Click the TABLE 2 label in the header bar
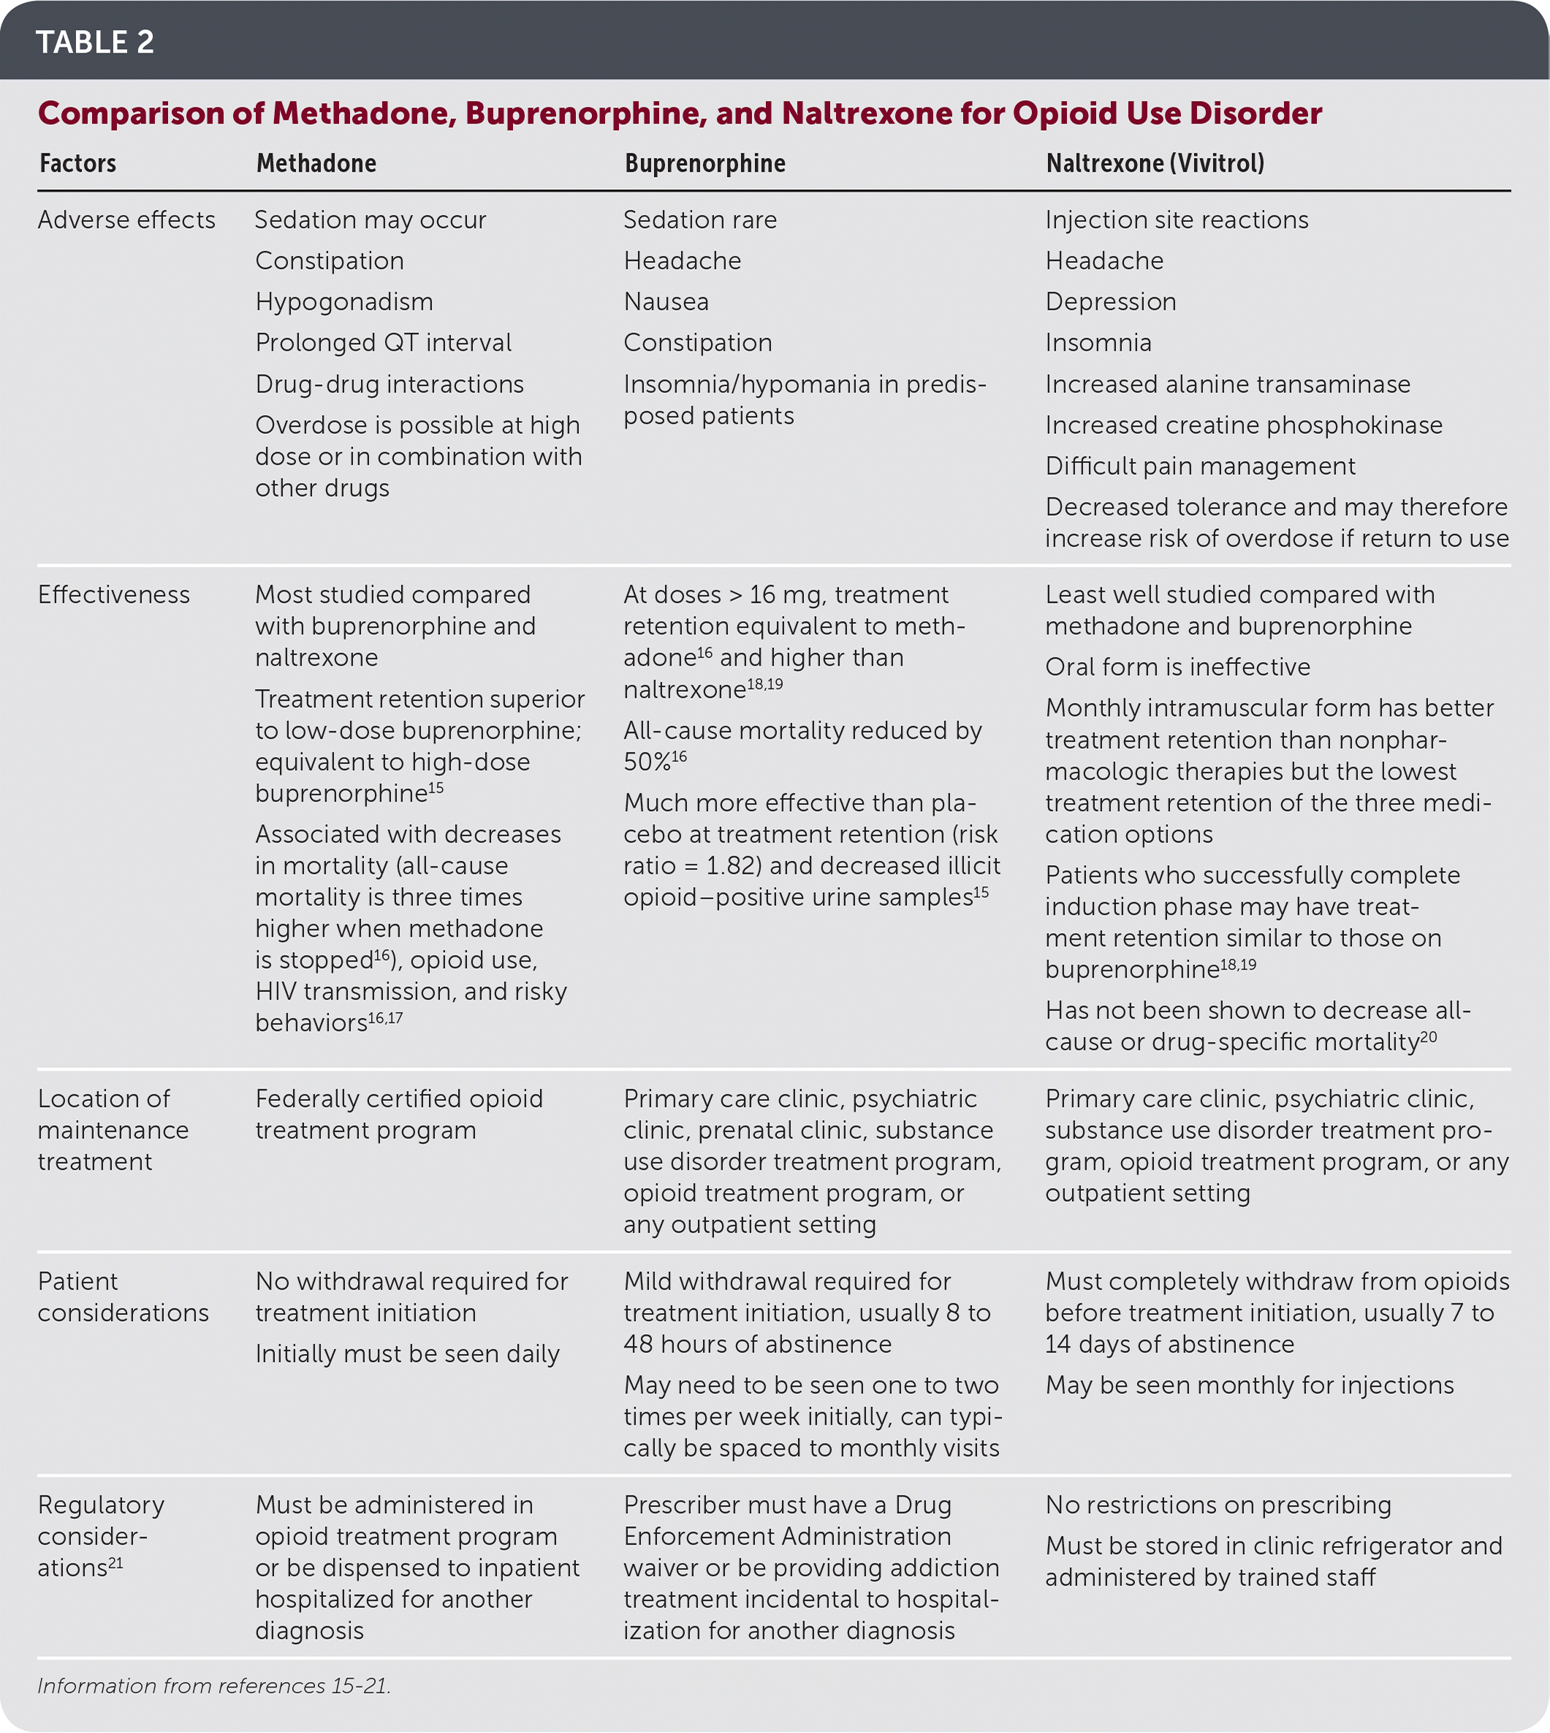click(x=94, y=42)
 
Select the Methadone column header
click(x=316, y=163)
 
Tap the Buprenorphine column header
click(x=704, y=163)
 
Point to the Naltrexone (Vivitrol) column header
click(x=1154, y=163)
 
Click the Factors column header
click(x=77, y=163)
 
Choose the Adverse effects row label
click(x=126, y=220)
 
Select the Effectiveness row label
click(x=113, y=595)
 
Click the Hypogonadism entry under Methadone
click(x=344, y=302)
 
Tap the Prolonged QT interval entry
click(x=383, y=343)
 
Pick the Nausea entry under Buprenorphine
click(x=665, y=302)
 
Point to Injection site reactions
click(x=1176, y=220)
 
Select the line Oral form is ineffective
click(x=1177, y=667)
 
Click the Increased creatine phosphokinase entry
click(x=1243, y=425)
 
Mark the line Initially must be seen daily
click(x=407, y=1353)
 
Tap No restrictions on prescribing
click(x=1217, y=1505)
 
